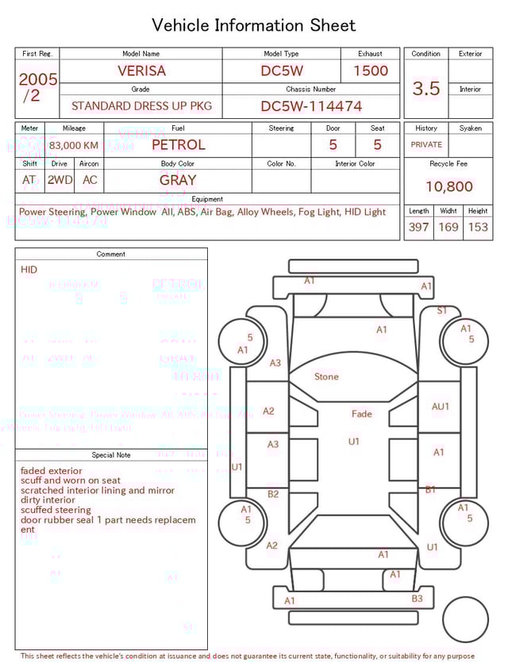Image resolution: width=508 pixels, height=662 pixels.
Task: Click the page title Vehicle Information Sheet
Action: point(254,25)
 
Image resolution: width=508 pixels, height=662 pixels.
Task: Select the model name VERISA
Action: point(141,71)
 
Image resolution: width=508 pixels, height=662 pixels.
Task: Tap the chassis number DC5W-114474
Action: point(311,106)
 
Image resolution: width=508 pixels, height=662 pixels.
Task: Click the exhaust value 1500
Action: point(370,71)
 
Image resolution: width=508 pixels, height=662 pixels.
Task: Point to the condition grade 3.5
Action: point(425,89)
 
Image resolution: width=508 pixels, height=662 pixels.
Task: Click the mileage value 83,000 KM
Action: point(74,146)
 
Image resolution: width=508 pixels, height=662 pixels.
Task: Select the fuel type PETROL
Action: point(178,145)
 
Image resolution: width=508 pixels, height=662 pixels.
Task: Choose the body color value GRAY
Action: point(178,180)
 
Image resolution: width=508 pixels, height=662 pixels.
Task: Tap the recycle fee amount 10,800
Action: point(448,187)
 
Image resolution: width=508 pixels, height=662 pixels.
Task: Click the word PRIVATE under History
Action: point(426,145)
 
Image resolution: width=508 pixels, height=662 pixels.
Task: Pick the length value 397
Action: point(418,228)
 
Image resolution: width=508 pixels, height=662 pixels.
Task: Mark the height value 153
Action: point(478,228)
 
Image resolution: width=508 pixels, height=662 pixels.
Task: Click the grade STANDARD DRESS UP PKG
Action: point(141,106)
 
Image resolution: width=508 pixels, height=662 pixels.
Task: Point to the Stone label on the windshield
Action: point(326,377)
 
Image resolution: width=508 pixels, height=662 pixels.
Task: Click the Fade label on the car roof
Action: point(361,414)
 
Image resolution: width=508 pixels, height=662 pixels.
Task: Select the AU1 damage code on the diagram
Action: point(440,407)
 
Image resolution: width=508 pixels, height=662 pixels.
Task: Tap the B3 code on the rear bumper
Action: point(417,599)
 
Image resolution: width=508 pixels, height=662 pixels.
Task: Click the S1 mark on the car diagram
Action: point(442,311)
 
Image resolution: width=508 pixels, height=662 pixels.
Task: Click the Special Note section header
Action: point(111,455)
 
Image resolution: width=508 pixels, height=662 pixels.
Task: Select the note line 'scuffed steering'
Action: point(56,510)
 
